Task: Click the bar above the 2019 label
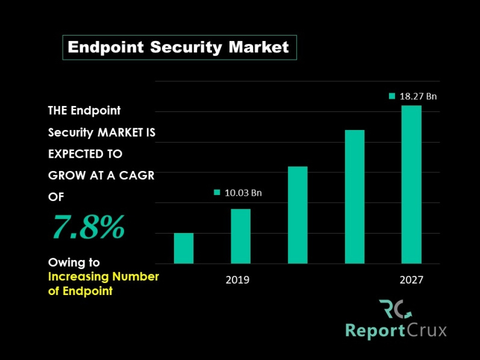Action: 240,236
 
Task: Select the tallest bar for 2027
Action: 411,184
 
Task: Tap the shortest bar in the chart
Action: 184,248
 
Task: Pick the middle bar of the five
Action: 298,215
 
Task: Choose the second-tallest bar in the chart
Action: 355,197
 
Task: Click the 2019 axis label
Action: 237,280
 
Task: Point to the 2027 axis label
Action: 411,280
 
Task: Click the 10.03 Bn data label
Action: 243,193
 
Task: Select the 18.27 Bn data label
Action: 418,96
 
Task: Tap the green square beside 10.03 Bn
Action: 217,193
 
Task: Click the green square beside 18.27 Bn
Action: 392,96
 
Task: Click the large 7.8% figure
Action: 88,227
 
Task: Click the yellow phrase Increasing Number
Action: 103,277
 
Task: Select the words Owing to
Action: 73,262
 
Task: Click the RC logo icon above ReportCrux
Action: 395,309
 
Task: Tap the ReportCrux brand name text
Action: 396,331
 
